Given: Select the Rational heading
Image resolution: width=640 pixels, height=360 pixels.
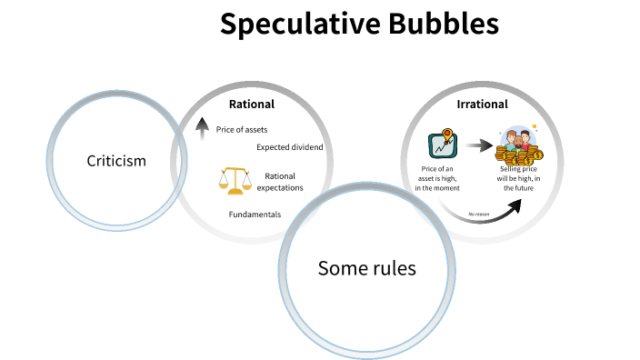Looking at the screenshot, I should point(251,105).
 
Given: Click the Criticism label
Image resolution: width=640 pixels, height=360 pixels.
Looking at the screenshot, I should point(116,161).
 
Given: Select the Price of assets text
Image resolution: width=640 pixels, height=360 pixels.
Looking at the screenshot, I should point(242,130).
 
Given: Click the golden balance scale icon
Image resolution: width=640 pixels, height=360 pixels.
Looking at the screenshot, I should point(235,179).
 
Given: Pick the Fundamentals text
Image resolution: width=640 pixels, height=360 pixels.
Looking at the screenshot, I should point(255,215).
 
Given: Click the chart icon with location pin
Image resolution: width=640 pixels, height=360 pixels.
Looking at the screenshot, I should point(443,144).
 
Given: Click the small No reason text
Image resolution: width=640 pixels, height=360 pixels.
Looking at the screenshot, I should point(479,215).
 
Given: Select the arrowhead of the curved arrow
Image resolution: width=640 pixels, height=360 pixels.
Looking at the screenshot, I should point(515,205).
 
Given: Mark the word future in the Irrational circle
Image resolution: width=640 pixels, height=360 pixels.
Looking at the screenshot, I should point(529,188).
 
